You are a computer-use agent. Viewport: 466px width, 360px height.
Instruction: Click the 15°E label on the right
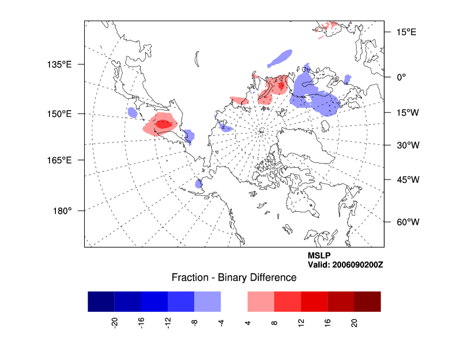click(x=405, y=32)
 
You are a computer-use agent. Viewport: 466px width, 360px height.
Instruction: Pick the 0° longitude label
click(x=401, y=76)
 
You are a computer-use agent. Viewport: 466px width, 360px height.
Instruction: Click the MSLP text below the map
click(x=319, y=255)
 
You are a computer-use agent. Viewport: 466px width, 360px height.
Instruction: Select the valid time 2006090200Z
click(x=345, y=265)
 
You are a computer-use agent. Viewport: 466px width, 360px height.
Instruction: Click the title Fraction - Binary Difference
click(x=234, y=277)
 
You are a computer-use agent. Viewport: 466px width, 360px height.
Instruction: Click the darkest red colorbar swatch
click(x=367, y=301)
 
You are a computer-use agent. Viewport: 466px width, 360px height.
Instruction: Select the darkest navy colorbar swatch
click(x=101, y=301)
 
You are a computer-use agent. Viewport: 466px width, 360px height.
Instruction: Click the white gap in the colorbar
click(x=234, y=301)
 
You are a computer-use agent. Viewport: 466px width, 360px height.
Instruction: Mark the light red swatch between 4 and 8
click(x=261, y=301)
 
